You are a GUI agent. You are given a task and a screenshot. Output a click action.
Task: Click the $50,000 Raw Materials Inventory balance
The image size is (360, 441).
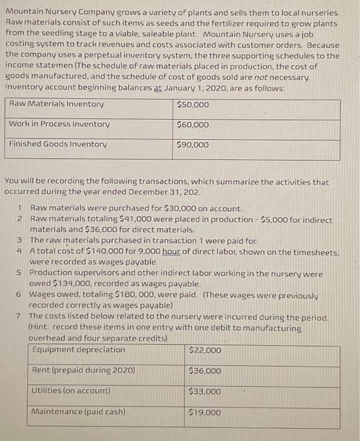(x=192, y=104)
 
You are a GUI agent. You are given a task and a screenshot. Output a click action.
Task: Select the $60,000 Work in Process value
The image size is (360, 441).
(x=193, y=125)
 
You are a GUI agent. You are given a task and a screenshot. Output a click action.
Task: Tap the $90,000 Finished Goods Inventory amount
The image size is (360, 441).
(x=193, y=145)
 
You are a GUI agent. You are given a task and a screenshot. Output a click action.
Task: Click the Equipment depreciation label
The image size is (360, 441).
(x=78, y=350)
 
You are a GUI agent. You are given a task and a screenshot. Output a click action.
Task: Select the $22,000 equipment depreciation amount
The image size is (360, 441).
(x=206, y=350)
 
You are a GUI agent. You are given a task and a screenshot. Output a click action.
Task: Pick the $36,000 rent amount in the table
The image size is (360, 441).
(x=206, y=371)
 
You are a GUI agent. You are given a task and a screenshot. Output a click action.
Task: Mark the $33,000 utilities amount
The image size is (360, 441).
(x=206, y=392)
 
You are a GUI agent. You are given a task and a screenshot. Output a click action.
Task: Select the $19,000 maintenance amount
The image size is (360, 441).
(x=206, y=413)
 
